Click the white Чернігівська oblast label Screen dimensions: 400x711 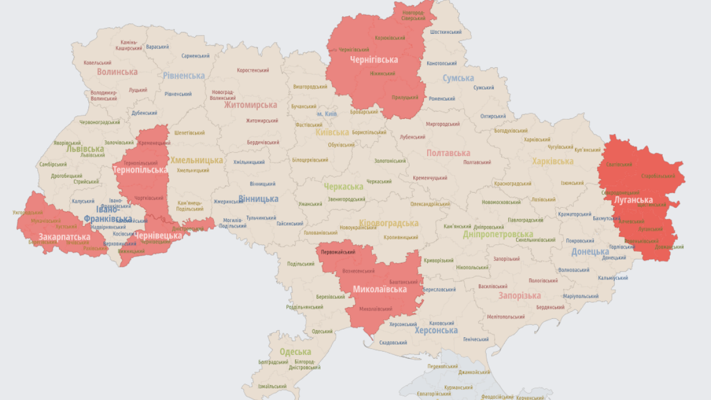(x=374, y=59)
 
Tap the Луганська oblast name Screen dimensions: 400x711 (x=633, y=199)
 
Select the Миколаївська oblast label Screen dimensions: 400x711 (x=380, y=289)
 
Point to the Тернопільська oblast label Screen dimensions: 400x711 (x=140, y=170)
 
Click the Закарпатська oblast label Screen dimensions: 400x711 (x=64, y=237)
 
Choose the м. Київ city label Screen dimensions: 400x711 (x=327, y=114)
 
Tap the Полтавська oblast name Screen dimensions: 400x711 (x=448, y=153)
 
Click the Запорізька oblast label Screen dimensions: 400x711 (x=519, y=296)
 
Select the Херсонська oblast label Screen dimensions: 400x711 (x=436, y=331)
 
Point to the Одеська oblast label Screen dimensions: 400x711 (x=295, y=352)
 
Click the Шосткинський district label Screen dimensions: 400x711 (x=446, y=32)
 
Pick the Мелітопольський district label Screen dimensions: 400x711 (x=505, y=317)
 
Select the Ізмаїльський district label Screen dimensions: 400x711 (x=273, y=387)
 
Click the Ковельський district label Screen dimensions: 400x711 (x=97, y=63)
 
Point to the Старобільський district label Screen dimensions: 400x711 (x=658, y=176)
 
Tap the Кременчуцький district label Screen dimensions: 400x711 (x=430, y=178)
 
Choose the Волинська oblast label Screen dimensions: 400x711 (x=117, y=72)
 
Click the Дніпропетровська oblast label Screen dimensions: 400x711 (x=498, y=234)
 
